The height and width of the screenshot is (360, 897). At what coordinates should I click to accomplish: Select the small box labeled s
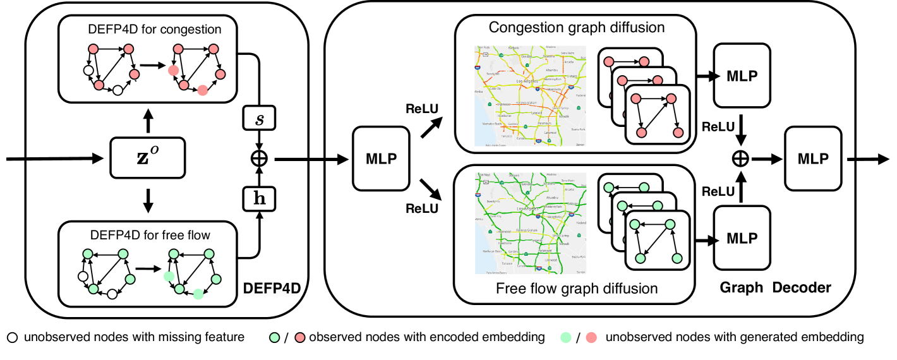coord(258,119)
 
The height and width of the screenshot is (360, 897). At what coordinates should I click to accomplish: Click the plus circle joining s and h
coord(258,157)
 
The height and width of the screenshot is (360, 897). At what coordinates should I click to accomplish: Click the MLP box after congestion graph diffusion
coord(742,75)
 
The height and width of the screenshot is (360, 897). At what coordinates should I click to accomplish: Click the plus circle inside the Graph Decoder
coord(741,158)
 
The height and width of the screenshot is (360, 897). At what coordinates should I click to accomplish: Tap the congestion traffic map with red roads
coord(529,97)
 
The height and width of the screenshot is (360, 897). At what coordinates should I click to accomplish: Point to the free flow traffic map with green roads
coord(529,222)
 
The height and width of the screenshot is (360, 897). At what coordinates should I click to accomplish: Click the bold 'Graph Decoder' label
coord(775,288)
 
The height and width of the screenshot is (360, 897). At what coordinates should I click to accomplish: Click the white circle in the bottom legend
coord(13,338)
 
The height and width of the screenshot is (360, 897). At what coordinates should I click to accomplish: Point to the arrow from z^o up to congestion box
coord(148,121)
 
